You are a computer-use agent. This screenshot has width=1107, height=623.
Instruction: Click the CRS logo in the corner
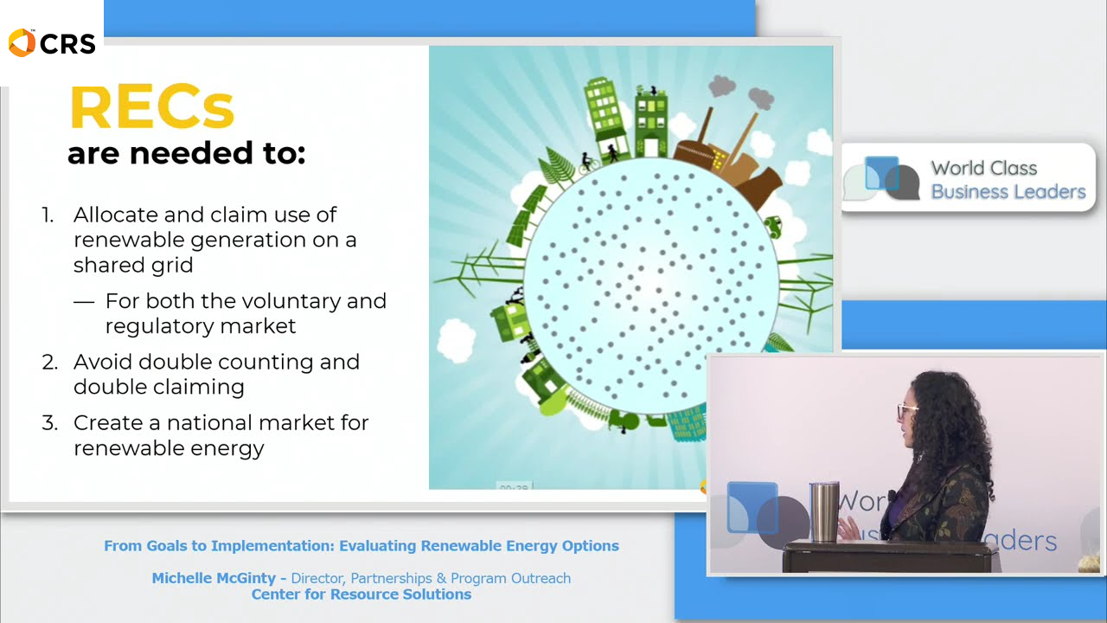[x=51, y=42]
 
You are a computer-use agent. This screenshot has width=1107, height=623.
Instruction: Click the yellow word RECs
[x=151, y=108]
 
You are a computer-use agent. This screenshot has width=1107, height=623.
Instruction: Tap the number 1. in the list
[x=48, y=215]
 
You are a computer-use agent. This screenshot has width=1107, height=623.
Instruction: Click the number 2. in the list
[x=50, y=362]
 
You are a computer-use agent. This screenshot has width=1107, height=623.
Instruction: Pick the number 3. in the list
[x=50, y=423]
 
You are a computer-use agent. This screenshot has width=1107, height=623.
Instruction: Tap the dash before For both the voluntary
[x=84, y=302]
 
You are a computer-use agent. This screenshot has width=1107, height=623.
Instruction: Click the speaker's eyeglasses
[x=905, y=411]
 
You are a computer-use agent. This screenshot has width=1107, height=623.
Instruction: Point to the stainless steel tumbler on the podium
[x=823, y=511]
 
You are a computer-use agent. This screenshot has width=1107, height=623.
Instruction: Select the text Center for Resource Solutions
[x=361, y=594]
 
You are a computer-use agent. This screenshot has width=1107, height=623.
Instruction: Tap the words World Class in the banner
[x=983, y=169]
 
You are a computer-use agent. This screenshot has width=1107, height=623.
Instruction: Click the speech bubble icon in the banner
[x=882, y=178]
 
